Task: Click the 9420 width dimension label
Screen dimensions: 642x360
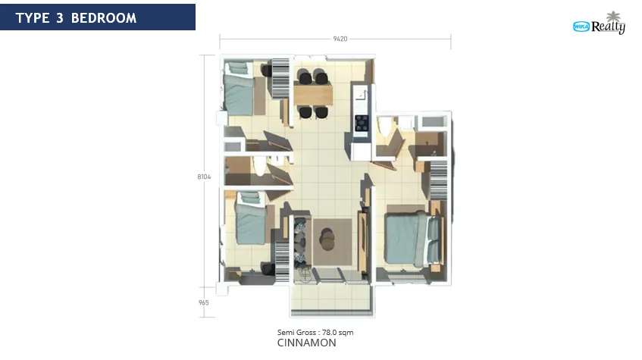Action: tap(340, 39)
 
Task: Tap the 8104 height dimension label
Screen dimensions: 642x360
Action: tap(204, 177)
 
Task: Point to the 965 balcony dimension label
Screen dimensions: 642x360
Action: tap(203, 302)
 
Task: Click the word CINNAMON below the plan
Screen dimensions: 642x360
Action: tap(307, 343)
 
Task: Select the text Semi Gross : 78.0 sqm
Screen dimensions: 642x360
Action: tap(315, 333)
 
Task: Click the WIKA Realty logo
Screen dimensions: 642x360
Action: tap(599, 23)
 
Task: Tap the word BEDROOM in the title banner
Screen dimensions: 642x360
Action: tap(104, 18)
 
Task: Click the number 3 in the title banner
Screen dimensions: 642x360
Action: tap(60, 18)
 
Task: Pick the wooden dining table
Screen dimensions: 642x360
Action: tap(313, 94)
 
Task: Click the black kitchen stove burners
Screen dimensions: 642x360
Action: tap(362, 123)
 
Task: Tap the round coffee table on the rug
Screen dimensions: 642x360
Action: tap(327, 239)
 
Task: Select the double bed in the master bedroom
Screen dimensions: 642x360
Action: tap(414, 239)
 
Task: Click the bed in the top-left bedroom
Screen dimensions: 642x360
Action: tap(239, 88)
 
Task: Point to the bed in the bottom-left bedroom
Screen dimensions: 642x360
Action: tap(251, 219)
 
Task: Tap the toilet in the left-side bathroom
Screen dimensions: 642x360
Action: tap(259, 165)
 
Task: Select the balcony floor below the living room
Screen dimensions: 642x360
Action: tap(332, 299)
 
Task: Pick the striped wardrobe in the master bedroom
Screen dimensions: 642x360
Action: tap(439, 180)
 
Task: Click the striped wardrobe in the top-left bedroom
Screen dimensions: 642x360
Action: tap(280, 78)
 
